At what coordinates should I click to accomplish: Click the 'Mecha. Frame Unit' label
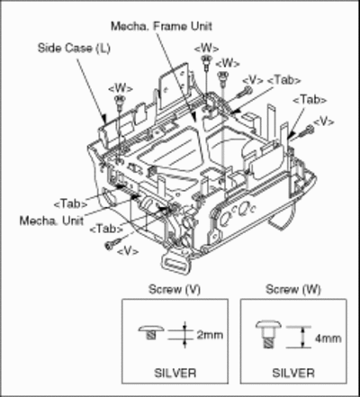161,26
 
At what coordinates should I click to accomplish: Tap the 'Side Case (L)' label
74,48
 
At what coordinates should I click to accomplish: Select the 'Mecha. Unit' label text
51,221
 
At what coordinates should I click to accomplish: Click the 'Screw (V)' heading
175,290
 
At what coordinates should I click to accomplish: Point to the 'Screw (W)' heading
293,290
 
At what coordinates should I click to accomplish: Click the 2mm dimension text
210,335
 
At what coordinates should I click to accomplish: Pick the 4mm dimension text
328,338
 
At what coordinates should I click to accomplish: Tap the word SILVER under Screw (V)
175,373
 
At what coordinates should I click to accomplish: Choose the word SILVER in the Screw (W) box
293,373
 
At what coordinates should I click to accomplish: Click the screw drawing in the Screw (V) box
151,331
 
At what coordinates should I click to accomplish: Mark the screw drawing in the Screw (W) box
268,334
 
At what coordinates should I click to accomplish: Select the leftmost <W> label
120,89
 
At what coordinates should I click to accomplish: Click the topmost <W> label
206,49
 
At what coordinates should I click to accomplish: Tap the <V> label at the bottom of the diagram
128,251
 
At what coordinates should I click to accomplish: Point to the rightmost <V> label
323,122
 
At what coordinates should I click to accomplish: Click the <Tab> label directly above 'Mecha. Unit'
70,204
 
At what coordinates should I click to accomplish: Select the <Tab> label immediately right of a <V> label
283,80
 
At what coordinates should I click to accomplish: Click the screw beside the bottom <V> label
113,243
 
